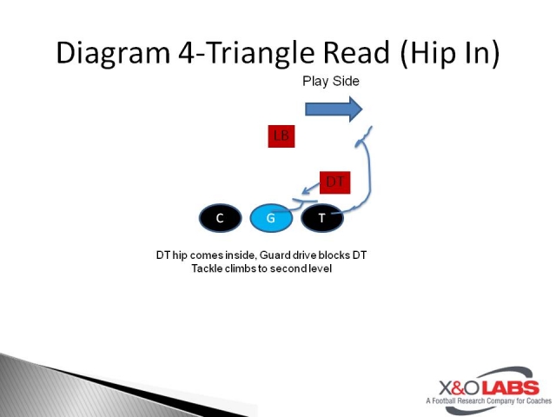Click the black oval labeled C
tap(220, 218)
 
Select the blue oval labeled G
tap(271, 218)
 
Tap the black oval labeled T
tap(322, 218)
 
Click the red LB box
tap(281, 136)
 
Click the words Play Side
tap(330, 82)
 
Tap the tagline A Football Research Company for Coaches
tap(482, 401)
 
